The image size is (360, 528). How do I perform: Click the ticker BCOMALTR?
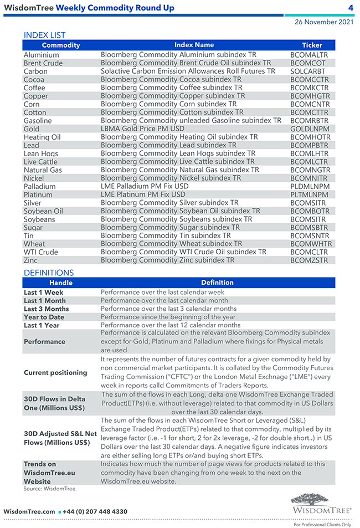point(309,55)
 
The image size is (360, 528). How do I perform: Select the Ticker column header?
point(312,45)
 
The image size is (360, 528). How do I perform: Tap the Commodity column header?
point(61,45)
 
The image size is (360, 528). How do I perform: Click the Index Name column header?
point(194,45)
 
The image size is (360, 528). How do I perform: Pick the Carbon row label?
point(35,71)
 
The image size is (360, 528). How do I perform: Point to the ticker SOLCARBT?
point(308,71)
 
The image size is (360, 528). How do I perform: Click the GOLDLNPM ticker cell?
point(310,129)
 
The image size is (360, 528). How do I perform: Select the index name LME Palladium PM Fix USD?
point(145,187)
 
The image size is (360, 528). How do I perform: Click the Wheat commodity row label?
point(34,244)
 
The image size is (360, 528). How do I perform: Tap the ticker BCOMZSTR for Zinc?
point(309,260)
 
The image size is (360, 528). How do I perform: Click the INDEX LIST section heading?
point(44,35)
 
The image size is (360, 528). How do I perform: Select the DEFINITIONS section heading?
point(49,273)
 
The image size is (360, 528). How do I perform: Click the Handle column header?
point(61,283)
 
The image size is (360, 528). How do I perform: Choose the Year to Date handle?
point(44,317)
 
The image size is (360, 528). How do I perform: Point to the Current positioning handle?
point(55,372)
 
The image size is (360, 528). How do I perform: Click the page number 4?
point(351,8)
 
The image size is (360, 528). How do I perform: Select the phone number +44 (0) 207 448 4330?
point(96,511)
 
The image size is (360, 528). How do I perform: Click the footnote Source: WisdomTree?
point(50,489)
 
